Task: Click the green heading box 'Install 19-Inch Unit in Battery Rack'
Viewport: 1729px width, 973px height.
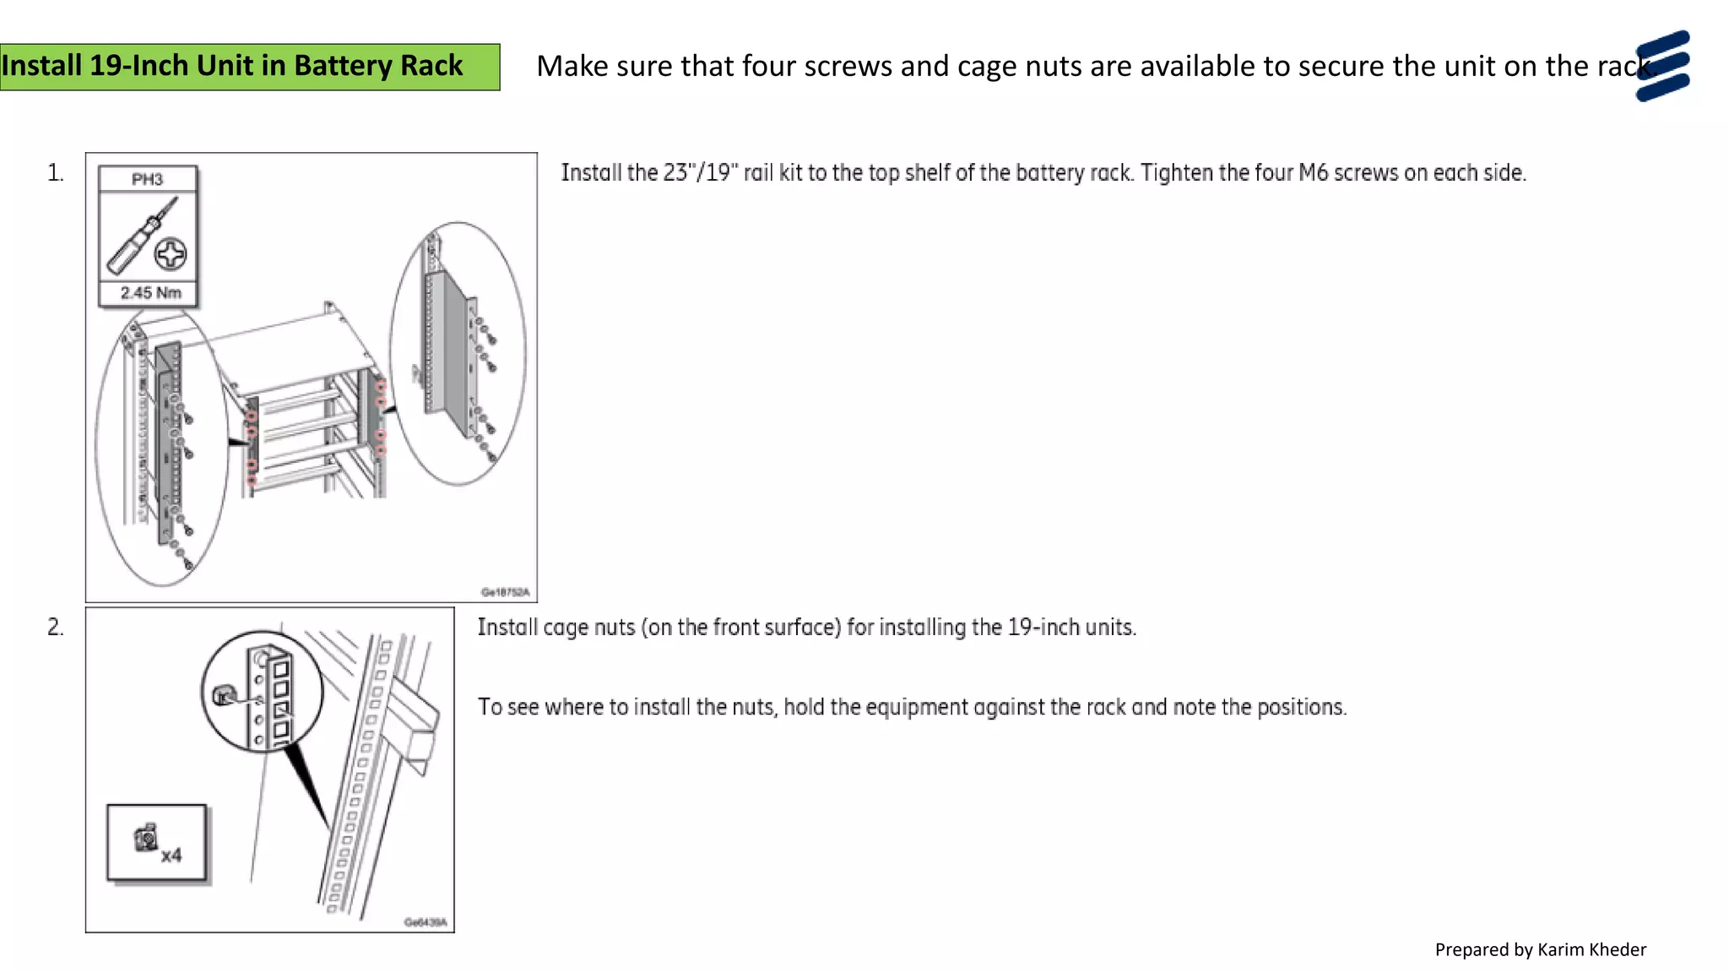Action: (249, 67)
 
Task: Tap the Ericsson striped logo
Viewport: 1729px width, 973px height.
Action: (1662, 66)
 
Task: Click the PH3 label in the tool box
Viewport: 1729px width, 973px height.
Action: (147, 179)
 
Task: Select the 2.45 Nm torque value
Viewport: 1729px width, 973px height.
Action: (150, 293)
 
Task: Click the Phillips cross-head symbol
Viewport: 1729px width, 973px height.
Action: (171, 253)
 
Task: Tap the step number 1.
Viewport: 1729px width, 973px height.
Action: (55, 173)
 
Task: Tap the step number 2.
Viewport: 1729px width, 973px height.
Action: (55, 628)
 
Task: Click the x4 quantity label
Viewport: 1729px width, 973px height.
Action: (171, 856)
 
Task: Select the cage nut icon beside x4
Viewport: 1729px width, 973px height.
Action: (146, 837)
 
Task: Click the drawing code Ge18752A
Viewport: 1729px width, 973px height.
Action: (505, 592)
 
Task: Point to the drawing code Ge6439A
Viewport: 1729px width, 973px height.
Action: (425, 922)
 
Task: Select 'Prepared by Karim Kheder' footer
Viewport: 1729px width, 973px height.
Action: (1540, 950)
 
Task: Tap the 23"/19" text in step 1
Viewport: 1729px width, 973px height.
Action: (700, 173)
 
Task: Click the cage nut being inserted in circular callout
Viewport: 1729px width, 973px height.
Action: (223, 695)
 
